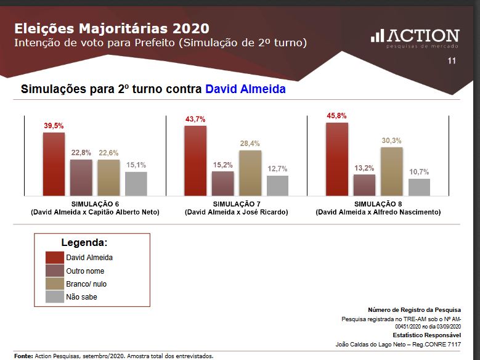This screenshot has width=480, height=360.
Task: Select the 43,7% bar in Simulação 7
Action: (195, 160)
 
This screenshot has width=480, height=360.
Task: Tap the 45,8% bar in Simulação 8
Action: (337, 159)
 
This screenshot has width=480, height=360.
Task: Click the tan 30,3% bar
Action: (391, 171)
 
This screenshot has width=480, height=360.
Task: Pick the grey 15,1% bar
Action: (136, 184)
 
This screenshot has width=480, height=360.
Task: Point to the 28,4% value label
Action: (250, 143)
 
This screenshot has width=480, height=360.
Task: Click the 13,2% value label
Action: (364, 168)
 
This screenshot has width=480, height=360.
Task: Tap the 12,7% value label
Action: (278, 169)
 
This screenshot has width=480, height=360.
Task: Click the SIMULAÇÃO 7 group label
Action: (237, 203)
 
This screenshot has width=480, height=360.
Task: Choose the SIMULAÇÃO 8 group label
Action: (378, 203)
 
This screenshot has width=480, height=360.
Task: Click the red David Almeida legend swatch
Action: (54, 258)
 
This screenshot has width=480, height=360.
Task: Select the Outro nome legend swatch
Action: (54, 271)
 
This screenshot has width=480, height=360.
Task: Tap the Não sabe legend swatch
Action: (54, 297)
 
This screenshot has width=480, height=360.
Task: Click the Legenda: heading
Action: (84, 242)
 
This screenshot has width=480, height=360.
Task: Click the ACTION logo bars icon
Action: (376, 36)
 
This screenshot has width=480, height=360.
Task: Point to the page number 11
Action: (452, 61)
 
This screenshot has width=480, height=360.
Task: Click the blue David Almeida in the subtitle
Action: (245, 89)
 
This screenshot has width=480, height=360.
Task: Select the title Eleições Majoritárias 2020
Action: (111, 28)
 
